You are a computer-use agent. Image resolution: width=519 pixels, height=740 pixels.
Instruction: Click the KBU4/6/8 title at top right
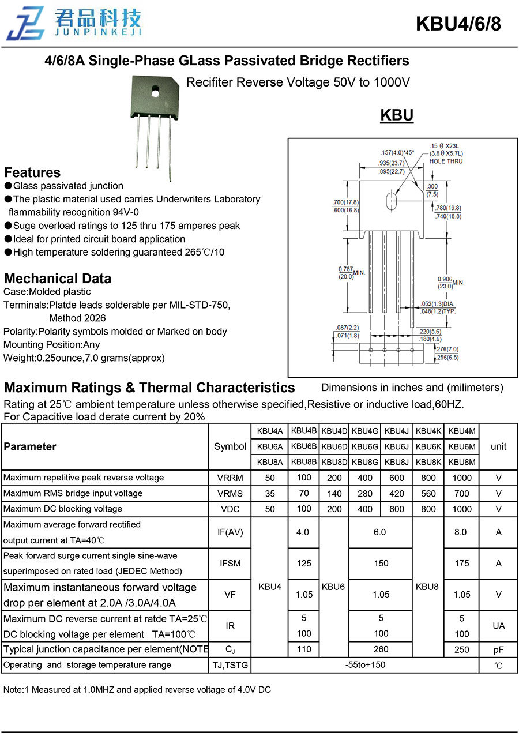(458, 24)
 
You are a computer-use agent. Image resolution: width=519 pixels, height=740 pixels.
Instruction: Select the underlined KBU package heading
(397, 115)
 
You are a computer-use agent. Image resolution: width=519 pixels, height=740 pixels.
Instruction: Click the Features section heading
(32, 172)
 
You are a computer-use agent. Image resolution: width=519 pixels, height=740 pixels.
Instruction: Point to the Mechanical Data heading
(58, 278)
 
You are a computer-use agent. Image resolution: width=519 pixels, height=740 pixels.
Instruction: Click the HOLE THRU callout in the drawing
(446, 161)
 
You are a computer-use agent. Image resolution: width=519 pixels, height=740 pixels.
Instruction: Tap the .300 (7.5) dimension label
(432, 190)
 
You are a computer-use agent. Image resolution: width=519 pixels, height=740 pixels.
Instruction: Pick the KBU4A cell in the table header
(270, 431)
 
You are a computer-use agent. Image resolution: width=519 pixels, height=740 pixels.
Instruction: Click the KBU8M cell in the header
(462, 461)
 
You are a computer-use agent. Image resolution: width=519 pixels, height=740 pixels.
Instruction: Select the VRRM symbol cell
(230, 478)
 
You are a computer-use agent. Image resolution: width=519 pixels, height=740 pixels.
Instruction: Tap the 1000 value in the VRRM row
(462, 478)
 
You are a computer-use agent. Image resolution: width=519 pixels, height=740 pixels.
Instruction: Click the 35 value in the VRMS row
(270, 493)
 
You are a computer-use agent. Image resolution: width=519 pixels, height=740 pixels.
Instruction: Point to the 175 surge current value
(462, 564)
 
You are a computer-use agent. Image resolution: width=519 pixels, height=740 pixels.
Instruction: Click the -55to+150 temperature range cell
(366, 664)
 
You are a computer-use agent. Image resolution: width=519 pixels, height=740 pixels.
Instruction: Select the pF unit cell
(499, 649)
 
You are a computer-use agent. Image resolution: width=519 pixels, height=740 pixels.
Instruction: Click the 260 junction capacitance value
(381, 649)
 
